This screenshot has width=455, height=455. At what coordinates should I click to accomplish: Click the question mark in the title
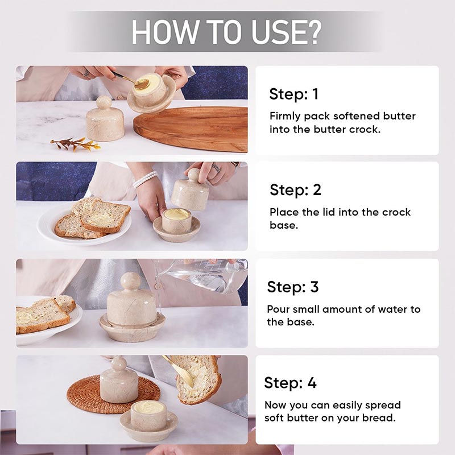coord(312,32)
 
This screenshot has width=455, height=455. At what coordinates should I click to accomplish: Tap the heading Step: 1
coord(293,94)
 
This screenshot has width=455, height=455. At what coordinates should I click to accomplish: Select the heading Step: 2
coord(295,190)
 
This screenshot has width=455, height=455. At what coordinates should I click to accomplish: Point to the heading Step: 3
coord(293,287)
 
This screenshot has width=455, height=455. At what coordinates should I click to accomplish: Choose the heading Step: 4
coord(290,383)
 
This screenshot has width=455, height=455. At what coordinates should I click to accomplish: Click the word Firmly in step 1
coord(284,117)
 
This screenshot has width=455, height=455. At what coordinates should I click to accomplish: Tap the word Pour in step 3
coord(278,309)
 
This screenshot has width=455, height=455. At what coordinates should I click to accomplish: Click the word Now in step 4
coord(275,405)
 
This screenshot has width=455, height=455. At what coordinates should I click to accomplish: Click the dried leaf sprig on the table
coord(76,144)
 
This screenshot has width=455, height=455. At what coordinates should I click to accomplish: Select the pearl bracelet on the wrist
coord(146,179)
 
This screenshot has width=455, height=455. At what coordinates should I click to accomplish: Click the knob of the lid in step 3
coord(131,281)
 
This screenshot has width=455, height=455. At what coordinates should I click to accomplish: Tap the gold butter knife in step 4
coord(178,371)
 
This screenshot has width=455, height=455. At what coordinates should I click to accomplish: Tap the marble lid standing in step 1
coord(105,119)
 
